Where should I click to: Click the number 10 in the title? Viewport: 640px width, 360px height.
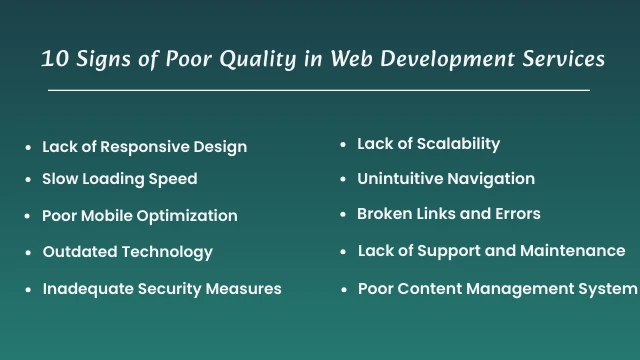[x=54, y=59]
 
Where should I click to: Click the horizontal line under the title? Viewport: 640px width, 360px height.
[x=319, y=91]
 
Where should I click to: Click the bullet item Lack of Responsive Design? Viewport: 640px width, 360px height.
[x=144, y=147]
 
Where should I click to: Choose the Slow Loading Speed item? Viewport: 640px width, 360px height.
[x=119, y=179]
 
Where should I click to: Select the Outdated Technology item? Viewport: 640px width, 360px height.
[x=127, y=252]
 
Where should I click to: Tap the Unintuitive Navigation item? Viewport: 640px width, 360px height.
[x=445, y=179]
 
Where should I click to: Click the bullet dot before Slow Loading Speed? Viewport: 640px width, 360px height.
[x=28, y=180]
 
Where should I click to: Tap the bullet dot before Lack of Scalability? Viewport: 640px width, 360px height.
[x=343, y=145]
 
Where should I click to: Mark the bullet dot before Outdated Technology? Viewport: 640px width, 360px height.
[x=28, y=253]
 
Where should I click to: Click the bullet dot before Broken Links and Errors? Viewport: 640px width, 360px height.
[x=343, y=215]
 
